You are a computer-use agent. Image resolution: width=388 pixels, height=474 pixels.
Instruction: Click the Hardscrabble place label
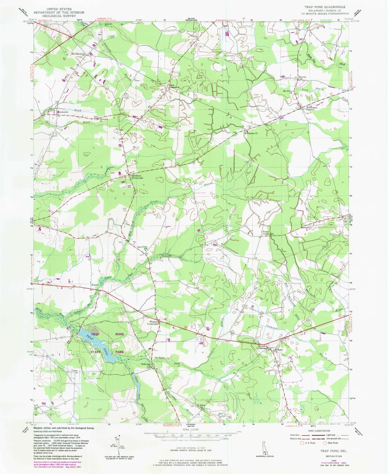78,54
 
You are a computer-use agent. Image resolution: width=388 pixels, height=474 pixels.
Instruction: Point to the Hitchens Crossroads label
137,177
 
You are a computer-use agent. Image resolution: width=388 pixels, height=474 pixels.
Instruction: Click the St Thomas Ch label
251,133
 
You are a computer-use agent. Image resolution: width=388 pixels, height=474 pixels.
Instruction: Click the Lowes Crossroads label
262,347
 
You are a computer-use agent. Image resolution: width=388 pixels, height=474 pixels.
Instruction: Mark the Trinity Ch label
166,256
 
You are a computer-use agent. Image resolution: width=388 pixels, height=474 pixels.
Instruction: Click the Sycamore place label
62,110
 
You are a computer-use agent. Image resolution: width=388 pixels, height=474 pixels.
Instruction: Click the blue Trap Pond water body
98,343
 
